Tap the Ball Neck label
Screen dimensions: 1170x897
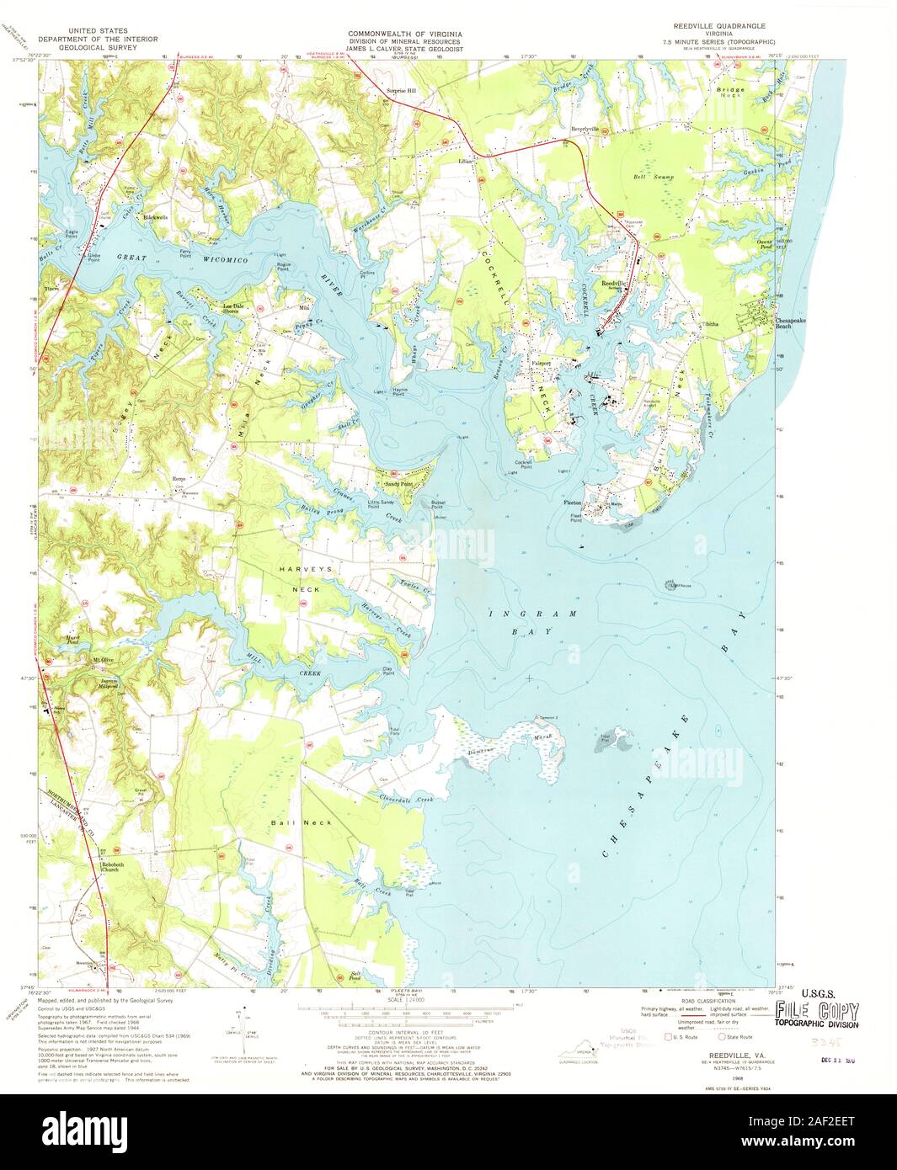(289, 822)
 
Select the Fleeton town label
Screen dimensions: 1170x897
(573, 503)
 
